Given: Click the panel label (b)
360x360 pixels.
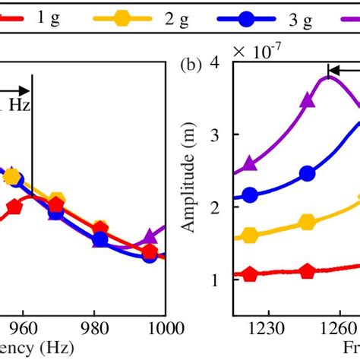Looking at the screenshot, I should (191, 65).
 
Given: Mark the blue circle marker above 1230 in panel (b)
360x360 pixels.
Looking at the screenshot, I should (250, 195).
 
